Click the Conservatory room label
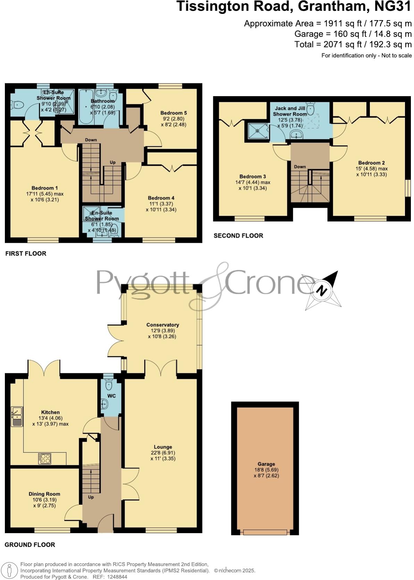(163, 325)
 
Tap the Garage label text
(266, 464)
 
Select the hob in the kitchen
(45, 459)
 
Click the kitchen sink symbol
(16, 416)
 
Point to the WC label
(111, 396)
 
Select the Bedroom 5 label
(174, 113)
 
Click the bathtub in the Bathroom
(84, 107)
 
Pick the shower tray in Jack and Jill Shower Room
(257, 131)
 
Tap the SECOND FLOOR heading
(238, 236)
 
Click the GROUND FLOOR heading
(30, 545)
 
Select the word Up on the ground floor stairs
(91, 497)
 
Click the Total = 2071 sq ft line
(353, 44)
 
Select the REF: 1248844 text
(109, 577)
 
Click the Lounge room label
(163, 447)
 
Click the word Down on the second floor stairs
(300, 167)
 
